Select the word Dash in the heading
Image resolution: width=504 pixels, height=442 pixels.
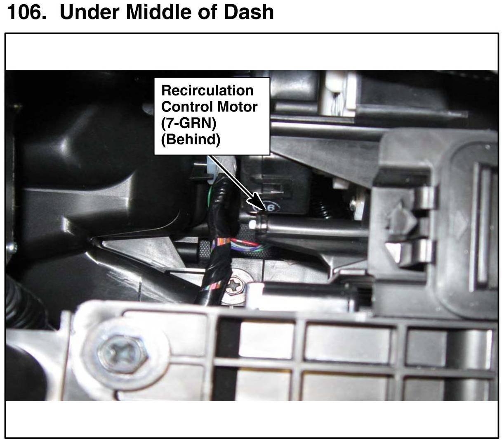249,12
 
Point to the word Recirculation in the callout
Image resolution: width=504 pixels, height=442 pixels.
207,90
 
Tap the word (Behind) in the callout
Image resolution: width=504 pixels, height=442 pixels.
191,140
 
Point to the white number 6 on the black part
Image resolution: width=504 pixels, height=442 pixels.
271,208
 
